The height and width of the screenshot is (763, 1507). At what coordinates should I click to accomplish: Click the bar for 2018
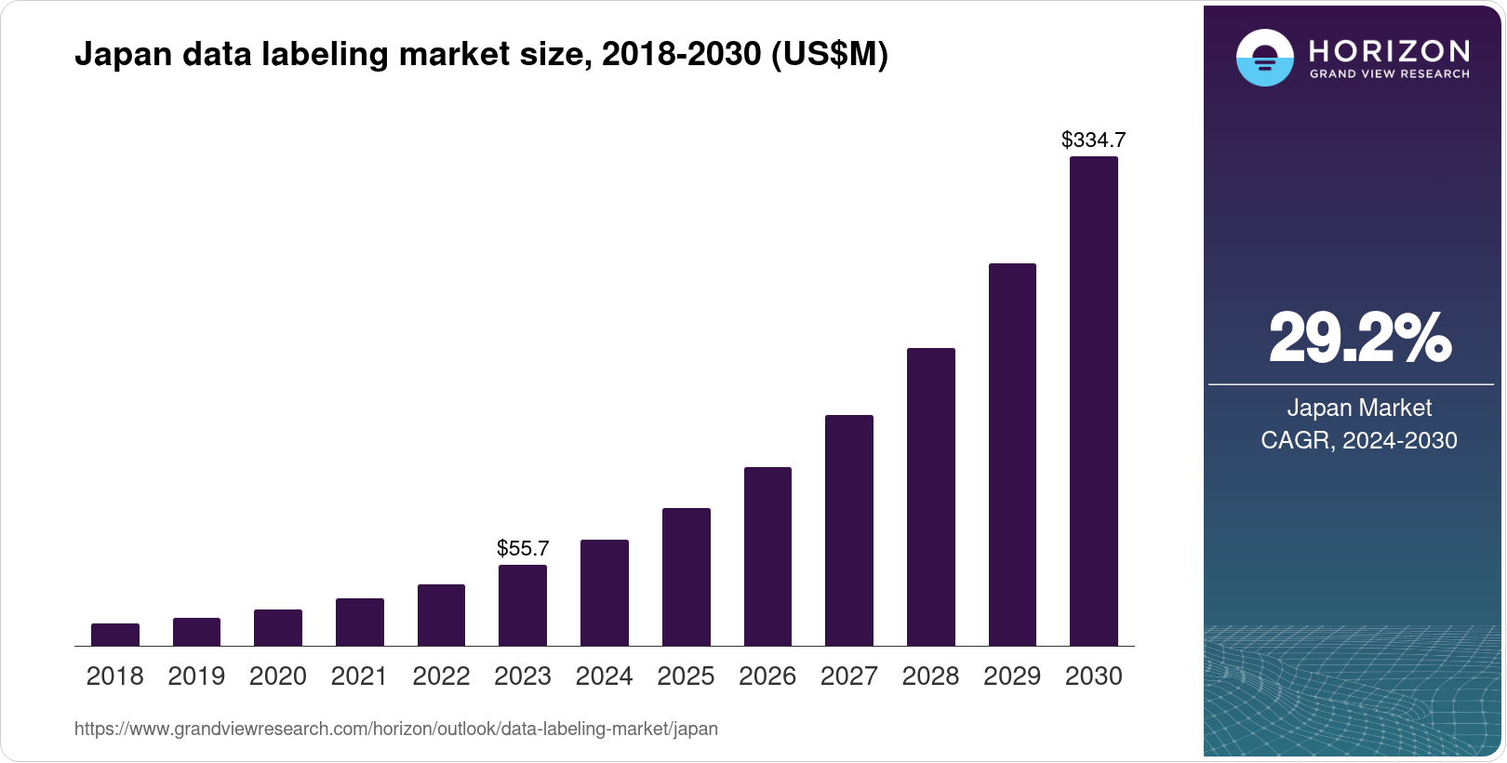click(x=115, y=635)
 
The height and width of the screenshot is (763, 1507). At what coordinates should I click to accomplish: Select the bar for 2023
click(x=523, y=606)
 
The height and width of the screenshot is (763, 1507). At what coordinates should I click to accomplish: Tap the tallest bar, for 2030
click(x=1094, y=401)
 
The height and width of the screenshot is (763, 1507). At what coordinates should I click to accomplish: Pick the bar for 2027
click(x=849, y=530)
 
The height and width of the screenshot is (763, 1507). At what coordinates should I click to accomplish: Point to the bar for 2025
click(x=687, y=577)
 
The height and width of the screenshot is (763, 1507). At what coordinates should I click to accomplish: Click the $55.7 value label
click(x=523, y=548)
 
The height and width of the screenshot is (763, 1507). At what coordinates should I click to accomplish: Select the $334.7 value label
click(x=1094, y=141)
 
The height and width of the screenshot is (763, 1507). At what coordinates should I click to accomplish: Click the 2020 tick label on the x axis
click(x=278, y=676)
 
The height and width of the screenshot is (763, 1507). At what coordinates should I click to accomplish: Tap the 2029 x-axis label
click(x=1012, y=676)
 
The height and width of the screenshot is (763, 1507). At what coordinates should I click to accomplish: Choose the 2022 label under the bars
click(x=441, y=676)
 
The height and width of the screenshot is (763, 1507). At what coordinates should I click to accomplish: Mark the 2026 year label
click(x=767, y=676)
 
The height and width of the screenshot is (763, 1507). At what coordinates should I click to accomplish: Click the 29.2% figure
click(x=1359, y=339)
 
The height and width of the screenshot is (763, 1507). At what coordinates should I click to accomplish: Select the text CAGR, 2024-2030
click(x=1359, y=440)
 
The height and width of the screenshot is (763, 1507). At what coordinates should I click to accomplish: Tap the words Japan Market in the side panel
click(x=1359, y=408)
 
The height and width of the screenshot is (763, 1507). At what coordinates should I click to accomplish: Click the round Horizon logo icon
click(x=1264, y=59)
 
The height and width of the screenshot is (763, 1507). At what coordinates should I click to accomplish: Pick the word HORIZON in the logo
click(x=1389, y=50)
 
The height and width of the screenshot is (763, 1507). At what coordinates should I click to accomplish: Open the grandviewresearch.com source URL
click(x=396, y=729)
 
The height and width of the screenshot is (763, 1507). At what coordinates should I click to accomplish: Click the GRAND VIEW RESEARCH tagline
click(x=1389, y=74)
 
